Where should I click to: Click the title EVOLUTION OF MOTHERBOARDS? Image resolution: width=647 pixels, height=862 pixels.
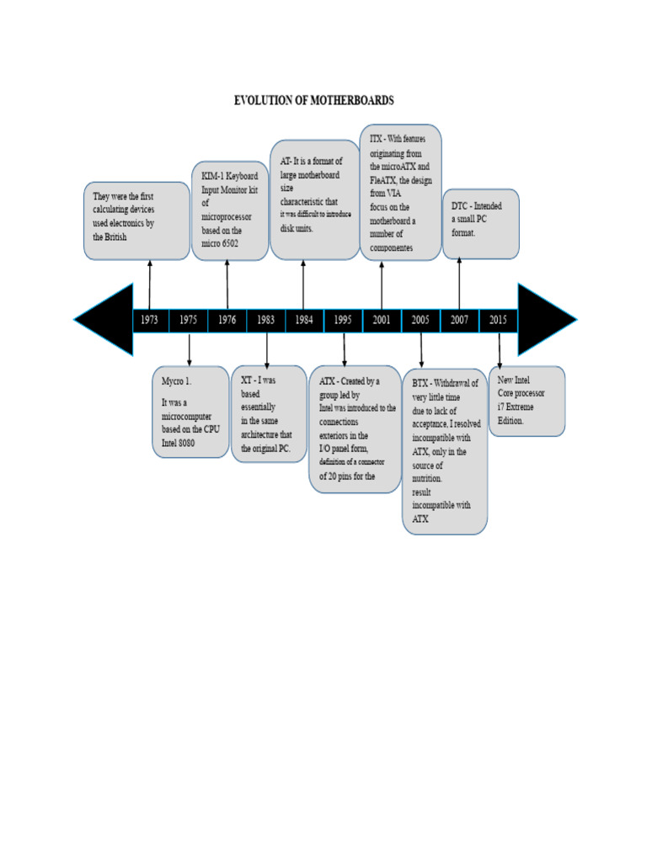313,100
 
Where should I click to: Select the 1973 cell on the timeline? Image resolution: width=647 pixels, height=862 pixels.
150,320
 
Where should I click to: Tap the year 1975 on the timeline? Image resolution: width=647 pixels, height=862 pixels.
189,320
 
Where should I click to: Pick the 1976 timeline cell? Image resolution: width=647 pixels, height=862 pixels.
227,320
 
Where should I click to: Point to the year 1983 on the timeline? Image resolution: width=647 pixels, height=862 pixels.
265,320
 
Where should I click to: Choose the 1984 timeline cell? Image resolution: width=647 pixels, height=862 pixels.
304,320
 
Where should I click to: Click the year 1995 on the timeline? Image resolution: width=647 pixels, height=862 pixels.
343,320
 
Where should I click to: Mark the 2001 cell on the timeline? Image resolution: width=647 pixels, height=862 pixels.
382,320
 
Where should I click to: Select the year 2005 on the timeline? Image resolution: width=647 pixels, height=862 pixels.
420,320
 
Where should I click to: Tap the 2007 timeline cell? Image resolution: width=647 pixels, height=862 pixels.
459,320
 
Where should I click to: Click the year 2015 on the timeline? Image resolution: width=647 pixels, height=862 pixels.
498,320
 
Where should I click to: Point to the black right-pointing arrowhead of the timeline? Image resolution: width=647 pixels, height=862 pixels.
544,320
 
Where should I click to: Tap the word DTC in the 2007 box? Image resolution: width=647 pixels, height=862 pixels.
460,206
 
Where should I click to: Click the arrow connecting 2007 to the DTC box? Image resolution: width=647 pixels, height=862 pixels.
459,283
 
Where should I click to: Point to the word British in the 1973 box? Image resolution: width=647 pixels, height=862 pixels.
115,238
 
